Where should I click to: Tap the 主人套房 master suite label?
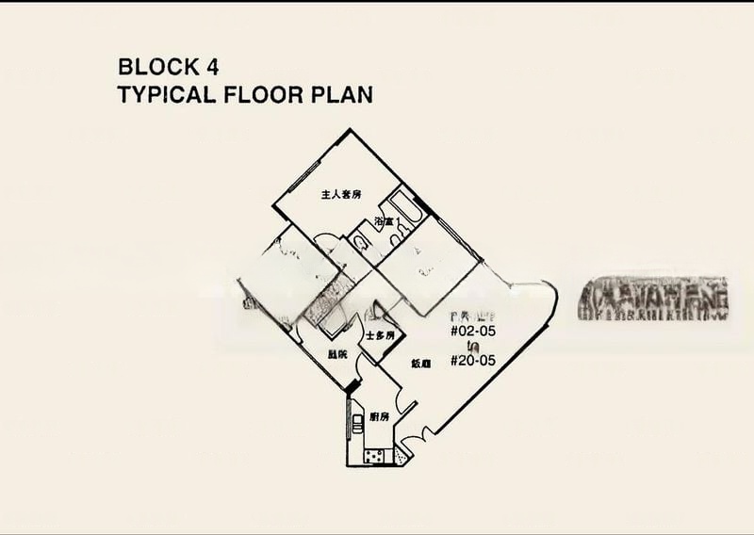tap(341, 195)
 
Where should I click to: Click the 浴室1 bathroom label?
tap(387, 222)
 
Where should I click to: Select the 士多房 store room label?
tap(380, 336)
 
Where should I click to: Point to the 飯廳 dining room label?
tap(420, 364)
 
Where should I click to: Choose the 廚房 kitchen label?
tap(381, 416)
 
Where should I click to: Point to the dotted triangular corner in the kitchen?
tap(402, 456)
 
